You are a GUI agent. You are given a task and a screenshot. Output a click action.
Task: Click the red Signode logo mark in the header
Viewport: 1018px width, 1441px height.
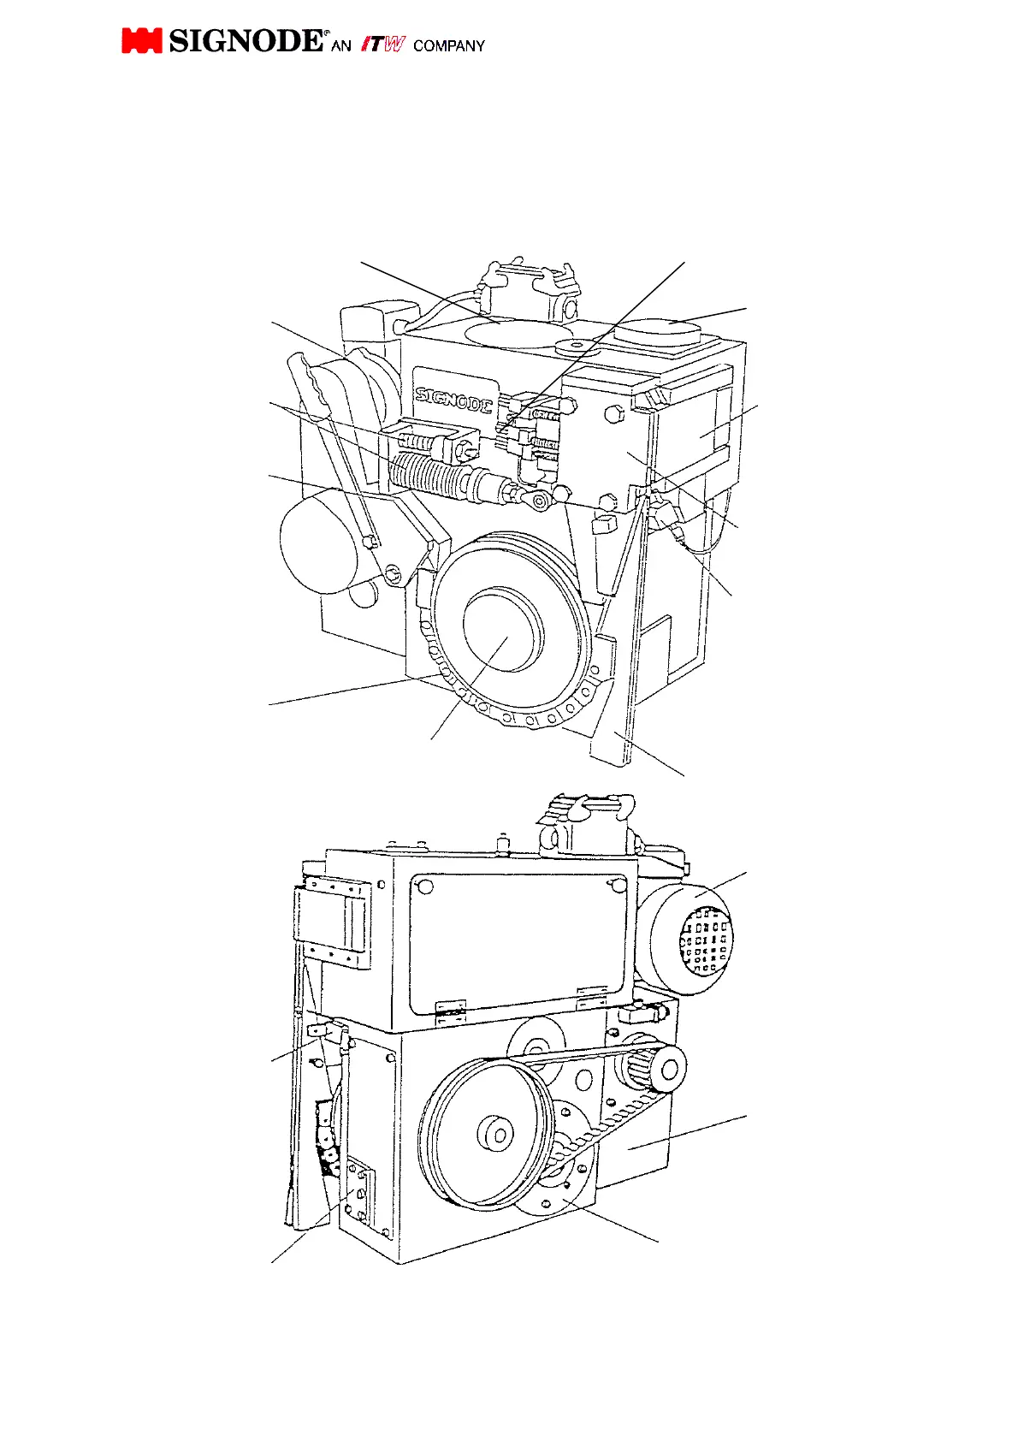point(141,41)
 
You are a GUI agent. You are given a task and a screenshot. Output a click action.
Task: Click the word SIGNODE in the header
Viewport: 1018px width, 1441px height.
point(246,40)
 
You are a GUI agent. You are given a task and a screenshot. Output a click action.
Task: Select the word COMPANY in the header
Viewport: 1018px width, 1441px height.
point(448,46)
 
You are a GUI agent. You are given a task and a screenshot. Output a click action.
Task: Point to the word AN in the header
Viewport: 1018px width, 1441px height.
point(340,46)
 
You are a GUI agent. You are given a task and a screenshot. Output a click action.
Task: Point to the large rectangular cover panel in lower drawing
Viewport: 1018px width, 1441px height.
point(518,937)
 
